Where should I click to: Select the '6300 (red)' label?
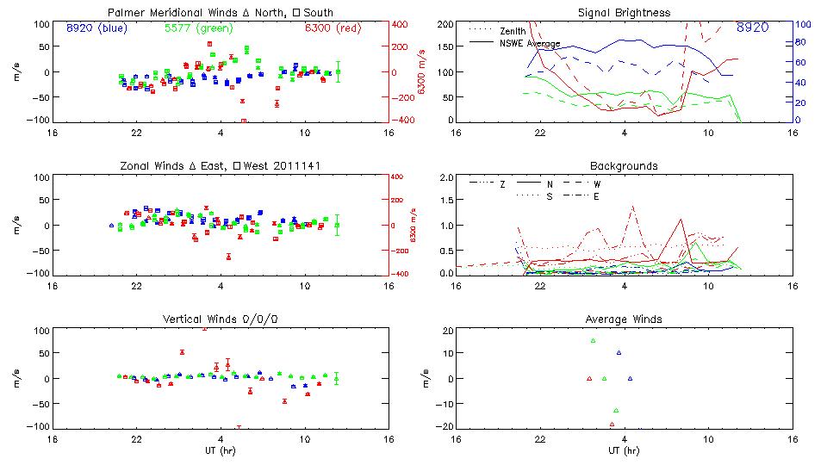tap(333, 28)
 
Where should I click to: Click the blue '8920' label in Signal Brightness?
tap(753, 28)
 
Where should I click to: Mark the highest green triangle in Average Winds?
tap(593, 341)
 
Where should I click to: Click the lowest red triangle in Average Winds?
tap(612, 424)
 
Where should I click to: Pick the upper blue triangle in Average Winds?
tap(619, 352)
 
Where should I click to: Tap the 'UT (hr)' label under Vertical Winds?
tap(221, 451)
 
